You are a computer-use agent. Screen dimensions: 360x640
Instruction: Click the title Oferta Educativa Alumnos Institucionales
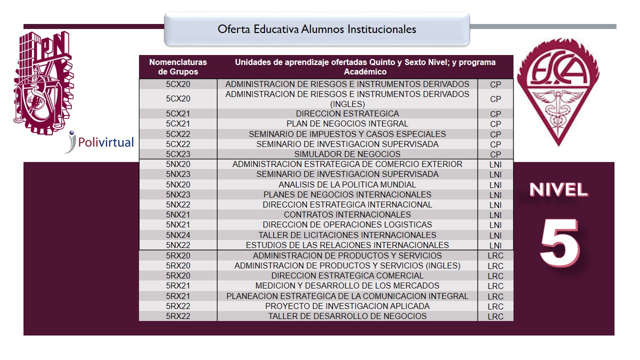click(x=316, y=29)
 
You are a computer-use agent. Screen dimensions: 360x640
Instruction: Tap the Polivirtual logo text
click(x=105, y=142)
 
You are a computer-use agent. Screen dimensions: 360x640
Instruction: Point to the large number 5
click(x=559, y=242)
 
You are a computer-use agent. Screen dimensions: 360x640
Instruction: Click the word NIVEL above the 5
click(x=558, y=190)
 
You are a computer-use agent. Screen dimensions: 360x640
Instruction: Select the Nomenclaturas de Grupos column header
click(x=178, y=67)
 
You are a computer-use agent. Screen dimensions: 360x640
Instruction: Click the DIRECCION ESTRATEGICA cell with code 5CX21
click(x=347, y=113)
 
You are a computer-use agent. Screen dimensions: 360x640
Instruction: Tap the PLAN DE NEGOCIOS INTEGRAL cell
click(x=347, y=123)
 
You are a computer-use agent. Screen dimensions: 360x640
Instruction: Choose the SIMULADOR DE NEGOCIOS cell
click(x=347, y=154)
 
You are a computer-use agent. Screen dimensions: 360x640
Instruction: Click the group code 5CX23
click(x=178, y=154)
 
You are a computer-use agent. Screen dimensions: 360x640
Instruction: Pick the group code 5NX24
click(x=178, y=235)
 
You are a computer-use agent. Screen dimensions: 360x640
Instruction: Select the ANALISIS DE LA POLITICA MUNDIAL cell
click(x=347, y=184)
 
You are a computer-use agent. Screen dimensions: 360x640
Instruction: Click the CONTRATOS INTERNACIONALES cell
click(x=347, y=214)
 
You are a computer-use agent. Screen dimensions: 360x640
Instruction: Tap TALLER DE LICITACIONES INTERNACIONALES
click(x=347, y=235)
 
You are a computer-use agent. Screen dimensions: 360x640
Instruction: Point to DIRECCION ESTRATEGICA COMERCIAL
click(x=347, y=275)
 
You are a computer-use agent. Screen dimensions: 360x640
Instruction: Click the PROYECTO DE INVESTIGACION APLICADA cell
click(x=347, y=306)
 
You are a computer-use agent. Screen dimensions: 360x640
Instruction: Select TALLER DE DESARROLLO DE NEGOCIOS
click(x=347, y=316)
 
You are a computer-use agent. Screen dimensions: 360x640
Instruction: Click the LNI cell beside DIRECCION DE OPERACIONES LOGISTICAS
click(x=495, y=225)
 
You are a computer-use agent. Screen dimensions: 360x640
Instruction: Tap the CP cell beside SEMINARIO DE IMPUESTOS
click(x=495, y=134)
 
